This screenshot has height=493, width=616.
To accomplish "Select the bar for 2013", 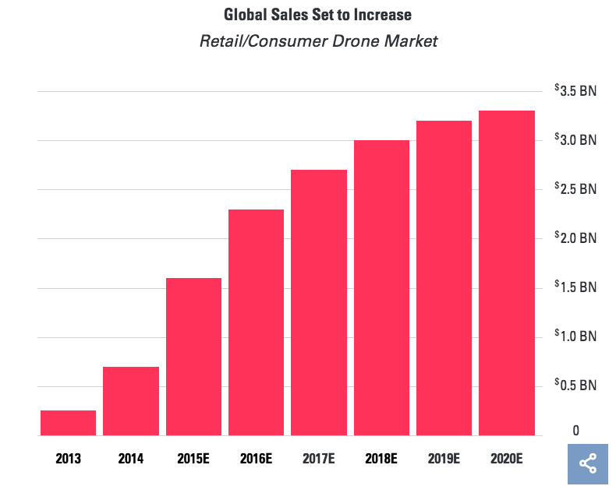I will click(x=68, y=423).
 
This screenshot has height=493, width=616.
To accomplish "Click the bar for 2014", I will click(x=131, y=401).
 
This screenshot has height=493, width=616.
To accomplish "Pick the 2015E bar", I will click(x=193, y=357).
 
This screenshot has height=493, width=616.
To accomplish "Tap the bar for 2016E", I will click(x=256, y=322).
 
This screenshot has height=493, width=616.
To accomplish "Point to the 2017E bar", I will click(x=319, y=303).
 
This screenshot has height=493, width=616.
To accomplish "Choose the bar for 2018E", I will click(x=381, y=288).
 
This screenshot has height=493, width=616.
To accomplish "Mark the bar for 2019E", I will click(x=444, y=278).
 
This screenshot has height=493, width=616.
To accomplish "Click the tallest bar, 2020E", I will click(x=507, y=273).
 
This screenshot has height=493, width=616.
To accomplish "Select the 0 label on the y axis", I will click(x=576, y=431).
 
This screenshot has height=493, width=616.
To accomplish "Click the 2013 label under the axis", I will click(x=68, y=459).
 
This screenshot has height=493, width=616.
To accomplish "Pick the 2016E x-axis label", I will click(x=256, y=459).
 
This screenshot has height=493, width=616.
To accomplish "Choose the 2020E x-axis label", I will click(x=507, y=459).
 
